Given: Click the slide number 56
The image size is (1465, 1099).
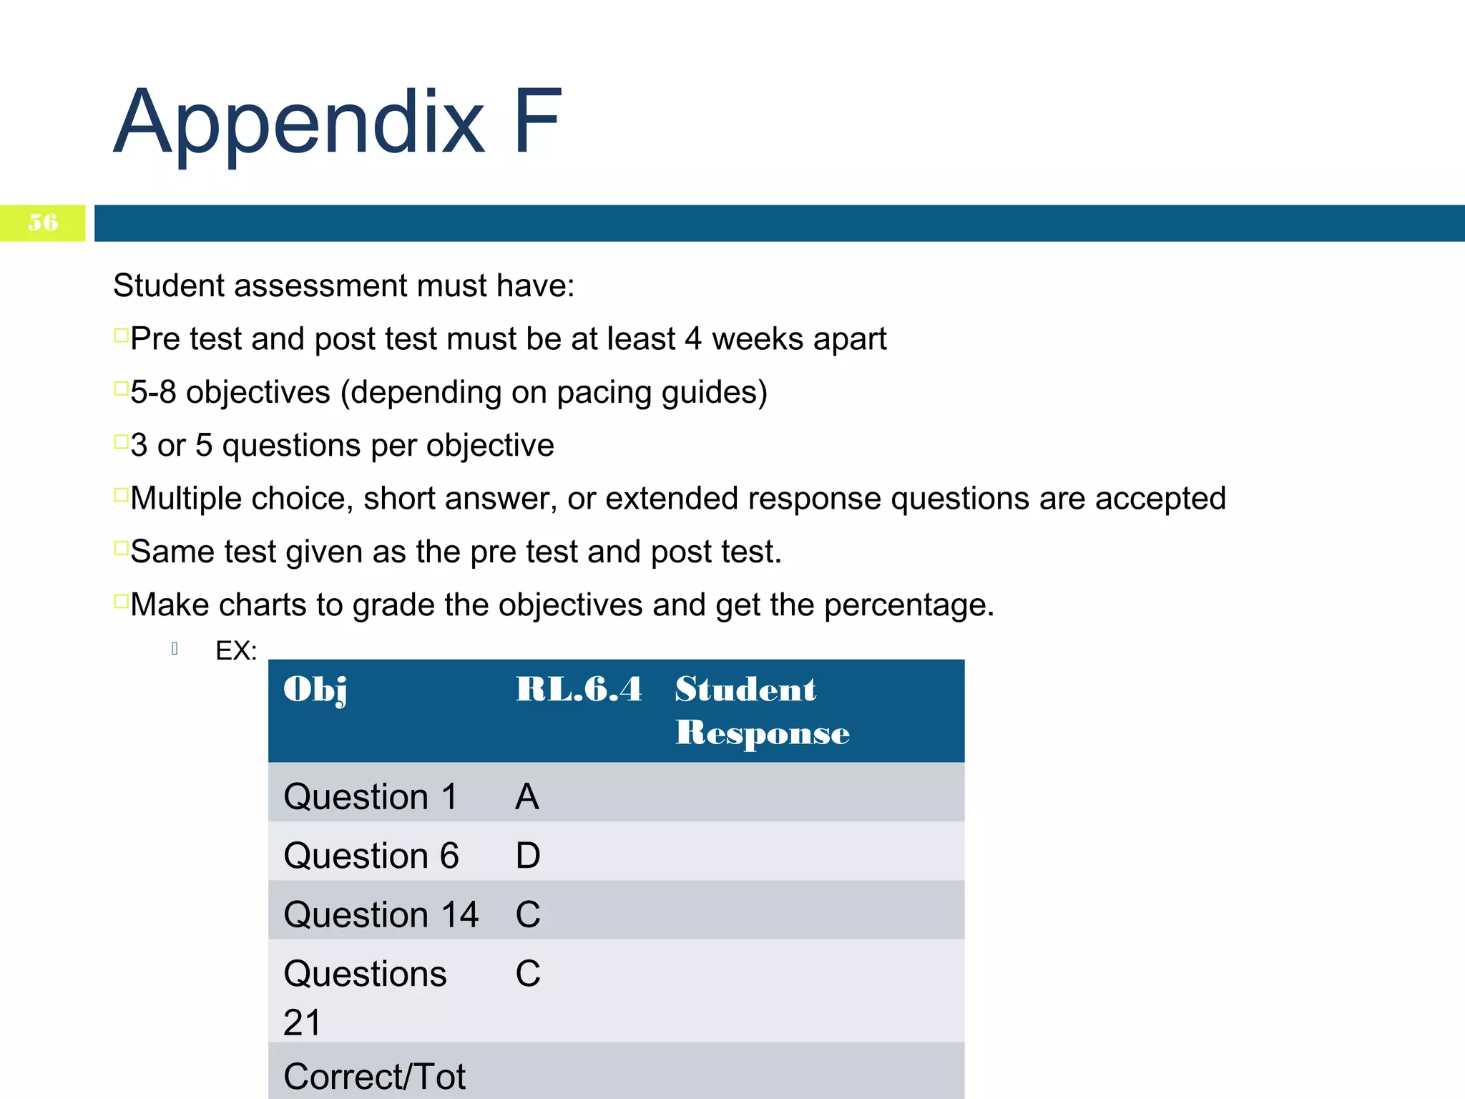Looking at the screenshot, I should click(43, 223).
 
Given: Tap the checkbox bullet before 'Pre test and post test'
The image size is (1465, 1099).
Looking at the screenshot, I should click(121, 335).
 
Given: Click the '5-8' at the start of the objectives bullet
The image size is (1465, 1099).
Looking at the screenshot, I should click(153, 392).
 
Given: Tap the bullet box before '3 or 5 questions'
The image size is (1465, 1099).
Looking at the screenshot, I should click(121, 441).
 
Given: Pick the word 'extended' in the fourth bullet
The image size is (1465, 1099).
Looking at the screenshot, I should click(671, 499).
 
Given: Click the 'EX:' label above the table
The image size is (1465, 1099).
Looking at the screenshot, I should click(236, 650).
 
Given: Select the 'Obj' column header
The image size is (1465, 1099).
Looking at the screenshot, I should click(315, 689).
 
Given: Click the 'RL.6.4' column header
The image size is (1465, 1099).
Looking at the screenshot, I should click(579, 689).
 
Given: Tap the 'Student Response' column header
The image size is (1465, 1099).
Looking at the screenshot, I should click(762, 710).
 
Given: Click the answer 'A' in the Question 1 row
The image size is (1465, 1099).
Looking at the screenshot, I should click(527, 796).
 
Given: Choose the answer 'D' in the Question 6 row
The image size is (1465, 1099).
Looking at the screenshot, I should click(528, 856).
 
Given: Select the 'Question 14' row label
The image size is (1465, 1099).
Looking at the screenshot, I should click(381, 914).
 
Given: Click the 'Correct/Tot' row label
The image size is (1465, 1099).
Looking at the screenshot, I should click(374, 1076).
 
